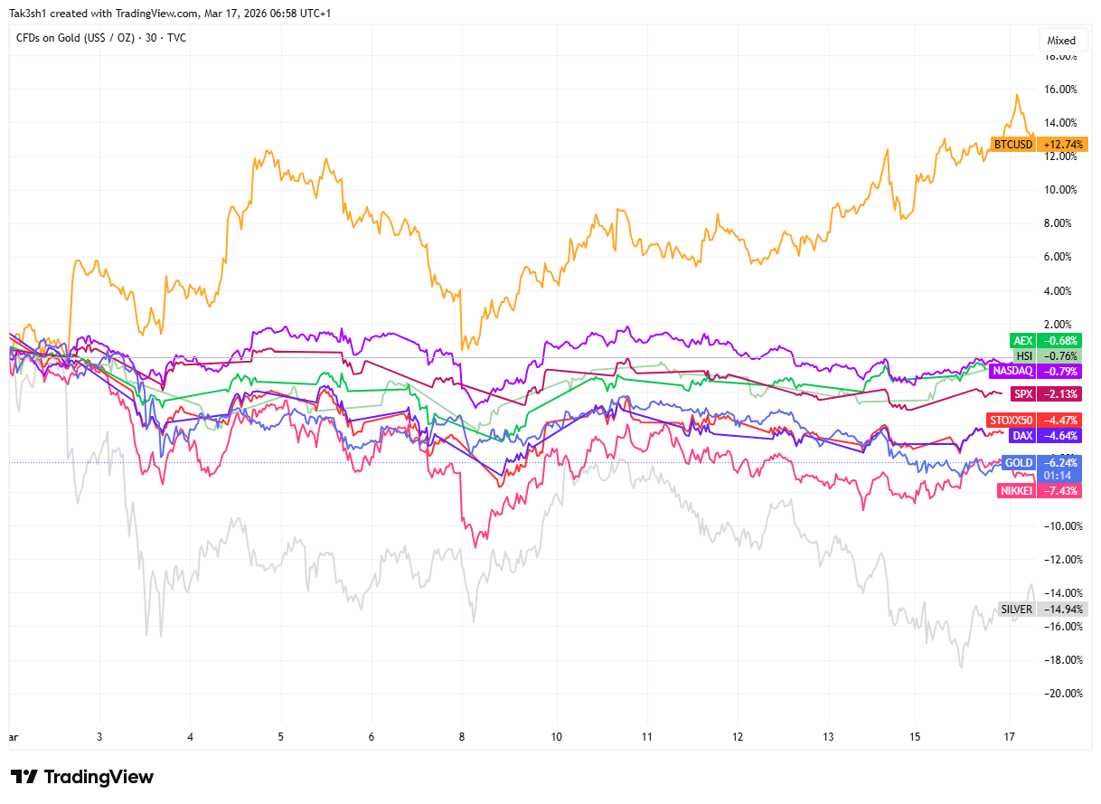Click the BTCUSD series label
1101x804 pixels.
click(x=1012, y=144)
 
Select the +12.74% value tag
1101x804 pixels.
click(x=1063, y=144)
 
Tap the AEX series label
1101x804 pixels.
click(x=1022, y=340)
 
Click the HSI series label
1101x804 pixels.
click(x=1024, y=355)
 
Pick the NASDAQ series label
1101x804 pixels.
click(x=1012, y=371)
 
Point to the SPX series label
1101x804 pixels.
click(x=1022, y=393)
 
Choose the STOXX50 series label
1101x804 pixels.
click(x=1010, y=420)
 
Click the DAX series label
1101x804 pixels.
click(x=1022, y=435)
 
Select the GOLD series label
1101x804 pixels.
click(x=1019, y=462)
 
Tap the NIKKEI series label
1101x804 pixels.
click(x=1015, y=490)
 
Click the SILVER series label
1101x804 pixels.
click(x=1016, y=609)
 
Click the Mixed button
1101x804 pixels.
click(x=1061, y=41)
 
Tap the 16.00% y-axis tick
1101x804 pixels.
click(x=1061, y=90)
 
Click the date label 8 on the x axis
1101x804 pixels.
click(x=462, y=737)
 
